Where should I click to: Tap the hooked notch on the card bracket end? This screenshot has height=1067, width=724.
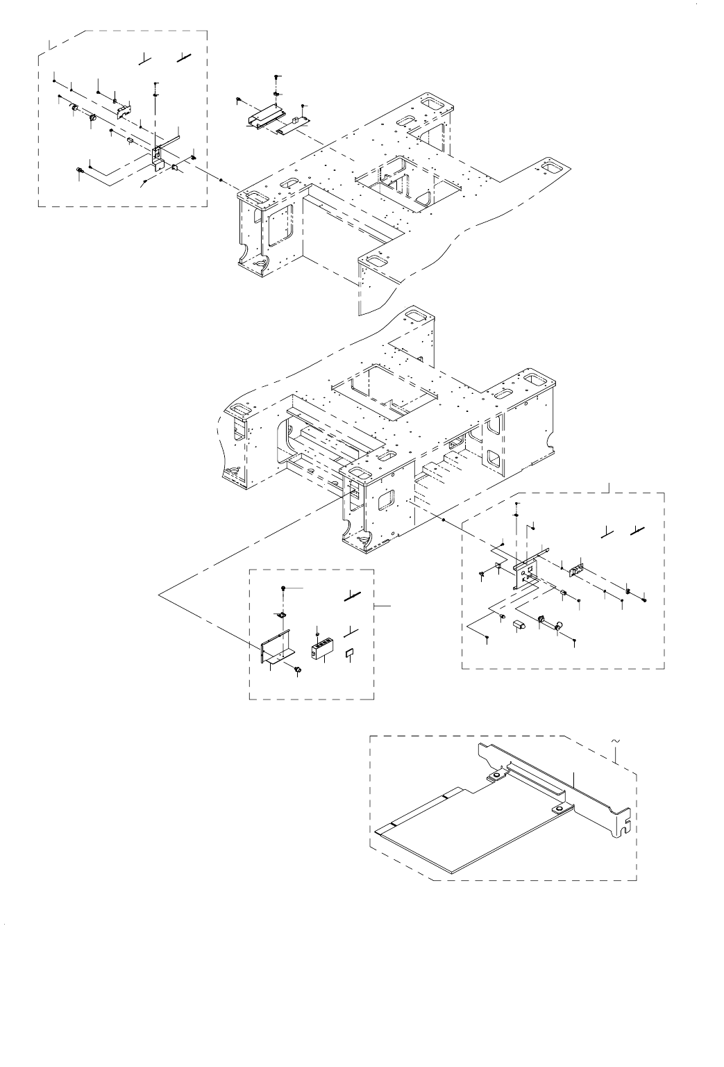tap(626, 825)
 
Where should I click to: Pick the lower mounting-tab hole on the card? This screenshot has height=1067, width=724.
tap(557, 809)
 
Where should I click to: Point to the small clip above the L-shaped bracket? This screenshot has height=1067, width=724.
tap(281, 614)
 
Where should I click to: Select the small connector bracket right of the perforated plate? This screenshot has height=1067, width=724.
tap(575, 569)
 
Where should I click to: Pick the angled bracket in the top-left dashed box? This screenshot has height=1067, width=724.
tap(158, 157)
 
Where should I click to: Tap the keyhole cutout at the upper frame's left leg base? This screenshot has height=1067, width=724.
tap(260, 263)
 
